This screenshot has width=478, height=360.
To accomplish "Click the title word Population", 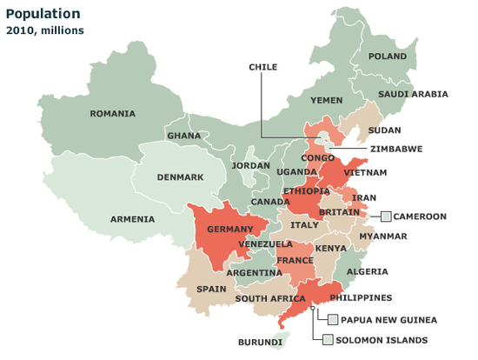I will coord(43,14).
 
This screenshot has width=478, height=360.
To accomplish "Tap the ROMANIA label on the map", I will coord(113,113).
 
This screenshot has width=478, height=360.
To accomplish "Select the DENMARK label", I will coord(180,177).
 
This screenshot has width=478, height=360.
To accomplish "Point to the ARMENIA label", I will coord(133,219).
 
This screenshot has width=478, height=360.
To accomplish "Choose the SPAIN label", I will coord(211,289).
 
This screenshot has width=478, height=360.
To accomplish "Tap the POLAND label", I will coord(387,57).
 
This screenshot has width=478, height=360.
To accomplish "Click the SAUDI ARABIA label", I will coord(413,94).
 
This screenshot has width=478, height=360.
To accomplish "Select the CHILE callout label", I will coord(262,67).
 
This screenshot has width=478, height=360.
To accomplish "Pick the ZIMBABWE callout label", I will coord(395,149).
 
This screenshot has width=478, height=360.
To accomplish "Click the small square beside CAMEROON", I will coord(385,217).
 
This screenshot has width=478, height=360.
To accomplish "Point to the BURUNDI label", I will coord(261,343).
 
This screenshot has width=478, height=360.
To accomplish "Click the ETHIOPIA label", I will coord(306,191).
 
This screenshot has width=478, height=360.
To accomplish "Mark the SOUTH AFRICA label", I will coord(269,298).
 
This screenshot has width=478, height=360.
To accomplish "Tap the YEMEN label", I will coord(327,100).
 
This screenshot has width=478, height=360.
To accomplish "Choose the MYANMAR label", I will coord(383,237).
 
